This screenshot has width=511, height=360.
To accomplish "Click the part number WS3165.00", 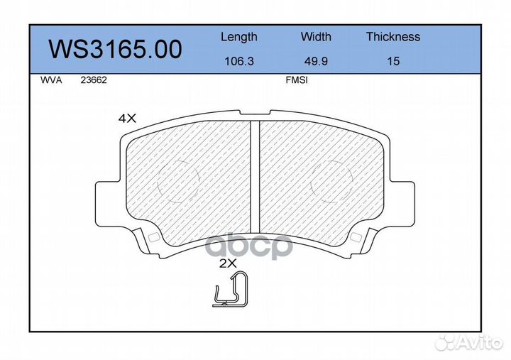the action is [x=115, y=49].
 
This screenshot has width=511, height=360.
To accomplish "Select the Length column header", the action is [x=239, y=37].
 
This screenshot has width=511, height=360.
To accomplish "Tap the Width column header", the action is [x=316, y=36].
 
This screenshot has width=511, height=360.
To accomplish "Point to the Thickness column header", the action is [x=393, y=36].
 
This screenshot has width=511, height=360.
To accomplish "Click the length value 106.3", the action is [x=239, y=61].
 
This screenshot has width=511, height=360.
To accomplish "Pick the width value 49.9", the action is [x=316, y=61].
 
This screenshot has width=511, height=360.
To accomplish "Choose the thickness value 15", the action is [x=393, y=61].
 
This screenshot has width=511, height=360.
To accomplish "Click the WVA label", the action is [x=51, y=80].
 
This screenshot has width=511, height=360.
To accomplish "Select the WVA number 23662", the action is [x=94, y=80].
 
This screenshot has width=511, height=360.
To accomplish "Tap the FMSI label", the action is [x=297, y=80].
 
